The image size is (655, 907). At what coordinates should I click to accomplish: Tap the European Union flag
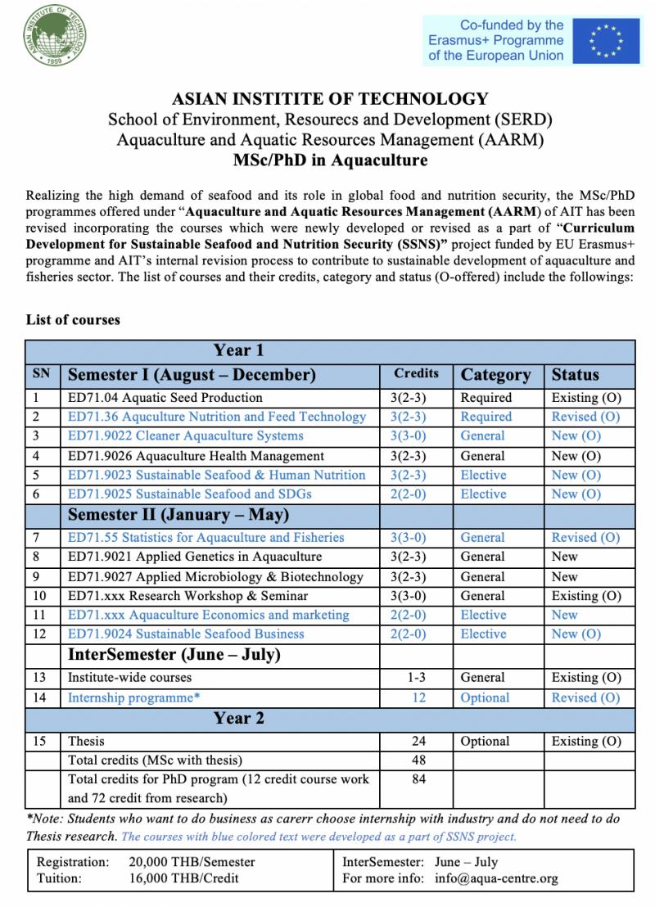click(x=607, y=40)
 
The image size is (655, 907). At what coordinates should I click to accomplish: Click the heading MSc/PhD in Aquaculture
click(x=330, y=160)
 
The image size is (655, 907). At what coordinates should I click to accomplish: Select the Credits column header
click(x=416, y=373)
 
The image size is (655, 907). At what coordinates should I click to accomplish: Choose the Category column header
click(x=495, y=375)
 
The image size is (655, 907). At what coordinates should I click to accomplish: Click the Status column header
click(x=575, y=375)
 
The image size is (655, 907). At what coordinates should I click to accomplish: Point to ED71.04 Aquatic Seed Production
click(x=165, y=398)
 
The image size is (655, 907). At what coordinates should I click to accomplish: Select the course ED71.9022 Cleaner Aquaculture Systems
click(x=185, y=435)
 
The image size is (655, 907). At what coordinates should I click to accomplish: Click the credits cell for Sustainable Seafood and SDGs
click(x=416, y=494)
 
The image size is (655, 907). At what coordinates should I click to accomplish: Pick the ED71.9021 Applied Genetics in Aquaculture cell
click(x=195, y=557)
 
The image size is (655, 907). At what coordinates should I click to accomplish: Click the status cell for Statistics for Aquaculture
click(x=585, y=538)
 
